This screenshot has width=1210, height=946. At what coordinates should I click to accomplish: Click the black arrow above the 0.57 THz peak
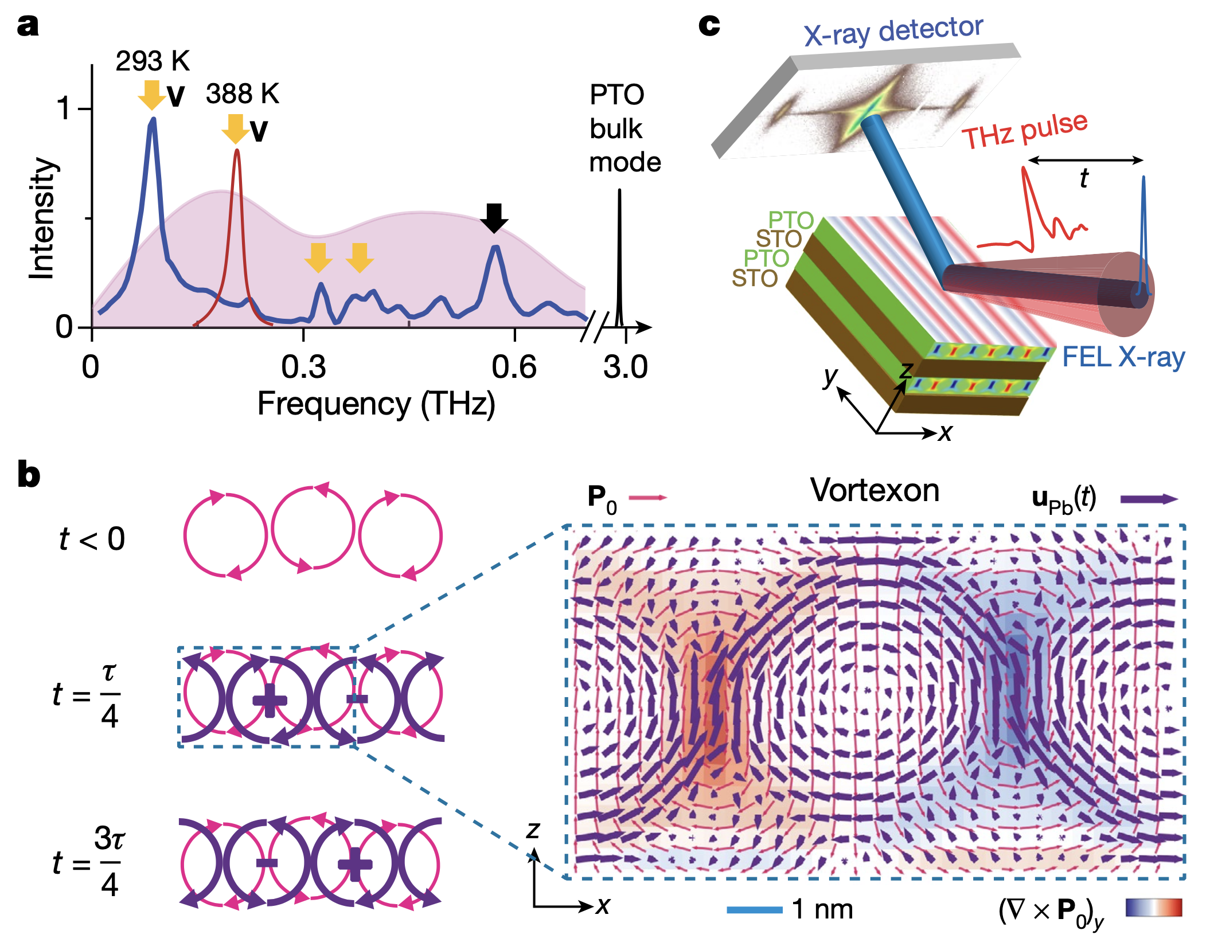pos(494,217)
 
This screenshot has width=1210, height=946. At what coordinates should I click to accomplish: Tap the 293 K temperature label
pos(153,61)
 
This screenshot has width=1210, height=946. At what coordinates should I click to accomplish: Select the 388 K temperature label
pos(243,93)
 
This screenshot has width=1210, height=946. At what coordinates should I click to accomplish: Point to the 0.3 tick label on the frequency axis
pos(303,368)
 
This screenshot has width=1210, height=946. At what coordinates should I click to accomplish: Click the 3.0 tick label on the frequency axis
pos(626,368)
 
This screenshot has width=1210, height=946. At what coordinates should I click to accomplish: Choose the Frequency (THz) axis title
pos(376,404)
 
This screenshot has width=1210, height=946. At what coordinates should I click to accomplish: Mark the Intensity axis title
pos(42,218)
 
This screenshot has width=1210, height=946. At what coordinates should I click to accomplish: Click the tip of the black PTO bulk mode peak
pos(619,191)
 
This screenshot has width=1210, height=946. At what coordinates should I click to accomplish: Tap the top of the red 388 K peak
pos(237,151)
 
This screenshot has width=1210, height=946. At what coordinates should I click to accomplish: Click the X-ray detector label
pos(893,32)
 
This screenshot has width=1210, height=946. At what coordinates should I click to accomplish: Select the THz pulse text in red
pos(1024,131)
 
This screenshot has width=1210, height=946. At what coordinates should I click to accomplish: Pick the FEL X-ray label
pos(1123,357)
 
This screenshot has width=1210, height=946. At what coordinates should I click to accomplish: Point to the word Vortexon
pos(875,491)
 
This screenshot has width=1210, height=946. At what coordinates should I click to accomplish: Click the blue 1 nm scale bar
pos(754,910)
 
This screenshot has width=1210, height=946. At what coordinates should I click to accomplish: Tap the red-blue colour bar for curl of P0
pos(1153,908)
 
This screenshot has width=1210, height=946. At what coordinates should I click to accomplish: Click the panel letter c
pos(709,25)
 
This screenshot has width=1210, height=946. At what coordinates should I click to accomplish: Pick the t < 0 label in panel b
pos(92,539)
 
